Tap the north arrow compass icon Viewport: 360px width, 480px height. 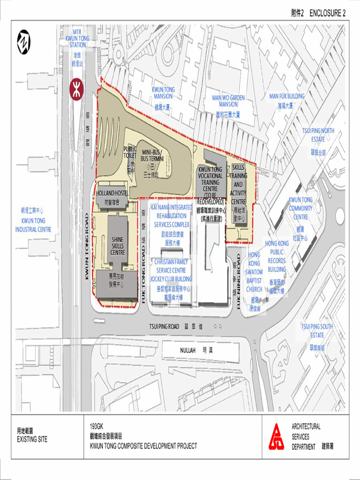(23, 42)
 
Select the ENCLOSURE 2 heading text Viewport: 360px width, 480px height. (327, 13)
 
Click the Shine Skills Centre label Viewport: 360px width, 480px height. (118, 246)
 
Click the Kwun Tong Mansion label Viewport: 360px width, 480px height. (163, 92)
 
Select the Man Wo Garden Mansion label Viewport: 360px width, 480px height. (228, 101)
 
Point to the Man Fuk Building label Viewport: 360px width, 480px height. (287, 96)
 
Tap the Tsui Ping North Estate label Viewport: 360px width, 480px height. (318, 135)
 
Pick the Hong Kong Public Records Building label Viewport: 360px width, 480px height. (277, 256)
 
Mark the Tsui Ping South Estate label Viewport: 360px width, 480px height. (317, 330)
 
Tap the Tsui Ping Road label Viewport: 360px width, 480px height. (164, 326)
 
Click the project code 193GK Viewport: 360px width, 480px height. (96, 427)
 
